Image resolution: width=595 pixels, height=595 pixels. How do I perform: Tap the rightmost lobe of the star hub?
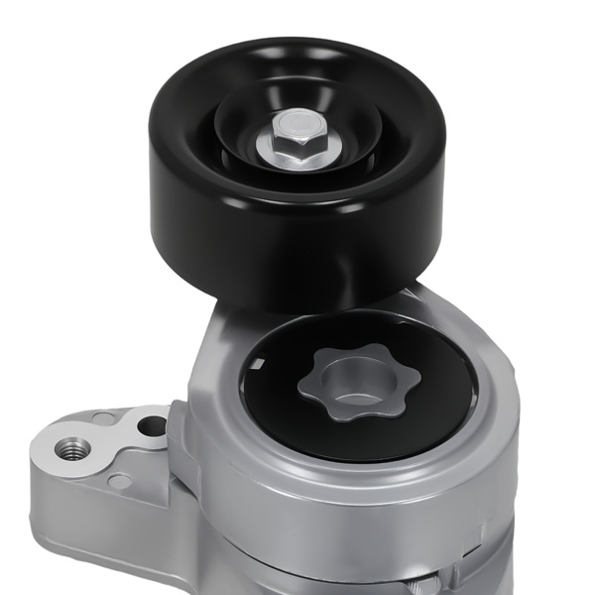coord(399,382)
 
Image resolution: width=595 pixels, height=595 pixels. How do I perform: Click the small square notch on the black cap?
coord(261,363)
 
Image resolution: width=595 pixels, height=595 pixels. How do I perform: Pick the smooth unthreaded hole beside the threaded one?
coord(152,426)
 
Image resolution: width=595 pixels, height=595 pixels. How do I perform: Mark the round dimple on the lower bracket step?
coord(118,482)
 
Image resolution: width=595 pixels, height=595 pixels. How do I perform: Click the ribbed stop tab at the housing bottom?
coord(436,581)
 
